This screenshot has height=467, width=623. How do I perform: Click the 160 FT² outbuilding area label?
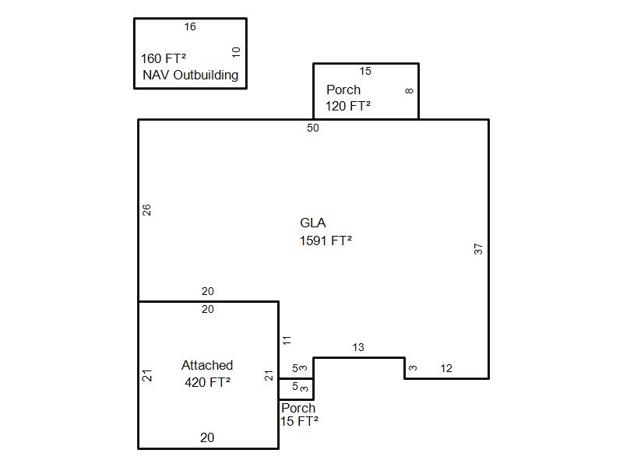click(164, 58)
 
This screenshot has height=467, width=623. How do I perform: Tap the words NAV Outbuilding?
click(191, 75)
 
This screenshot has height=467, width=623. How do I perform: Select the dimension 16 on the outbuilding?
click(190, 26)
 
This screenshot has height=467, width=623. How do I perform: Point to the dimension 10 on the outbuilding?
click(237, 52)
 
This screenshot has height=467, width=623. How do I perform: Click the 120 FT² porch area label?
click(348, 106)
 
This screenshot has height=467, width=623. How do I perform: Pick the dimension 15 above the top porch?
click(365, 71)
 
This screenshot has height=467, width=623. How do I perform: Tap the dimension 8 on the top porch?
click(410, 91)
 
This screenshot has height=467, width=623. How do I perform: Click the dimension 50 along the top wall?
click(313, 128)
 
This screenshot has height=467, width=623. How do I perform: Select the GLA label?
click(313, 223)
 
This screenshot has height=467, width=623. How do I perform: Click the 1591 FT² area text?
click(326, 241)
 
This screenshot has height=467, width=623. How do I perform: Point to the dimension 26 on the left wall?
click(146, 209)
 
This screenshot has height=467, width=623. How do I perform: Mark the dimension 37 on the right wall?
click(479, 249)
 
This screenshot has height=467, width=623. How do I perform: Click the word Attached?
click(207, 365)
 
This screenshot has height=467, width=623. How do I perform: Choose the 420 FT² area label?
click(207, 382)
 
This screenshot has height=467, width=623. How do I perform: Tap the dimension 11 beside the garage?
click(287, 340)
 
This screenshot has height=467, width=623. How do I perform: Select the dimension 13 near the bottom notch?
click(358, 347)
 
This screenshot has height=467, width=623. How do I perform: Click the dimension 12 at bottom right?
click(446, 368)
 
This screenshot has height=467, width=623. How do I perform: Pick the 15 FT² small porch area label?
click(299, 421)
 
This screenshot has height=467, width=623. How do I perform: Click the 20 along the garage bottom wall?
click(207, 437)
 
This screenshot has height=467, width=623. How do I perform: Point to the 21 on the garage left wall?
click(146, 375)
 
